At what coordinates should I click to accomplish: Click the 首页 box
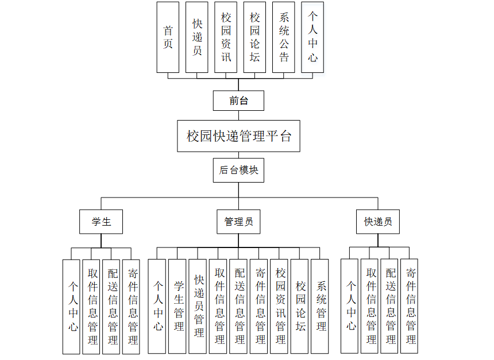point(168,37)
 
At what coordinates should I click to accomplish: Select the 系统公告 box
point(284,37)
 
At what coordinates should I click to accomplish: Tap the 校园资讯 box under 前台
point(226,37)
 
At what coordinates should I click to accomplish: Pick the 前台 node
point(238,100)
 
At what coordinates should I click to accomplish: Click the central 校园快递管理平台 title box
point(238,136)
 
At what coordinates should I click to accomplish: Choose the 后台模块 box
point(238,171)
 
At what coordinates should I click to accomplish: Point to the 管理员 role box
point(238,222)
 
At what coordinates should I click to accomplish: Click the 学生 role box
point(101,222)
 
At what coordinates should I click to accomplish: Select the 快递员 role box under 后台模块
point(377,222)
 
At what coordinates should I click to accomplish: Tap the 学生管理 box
point(178,306)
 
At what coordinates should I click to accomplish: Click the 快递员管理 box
point(199,306)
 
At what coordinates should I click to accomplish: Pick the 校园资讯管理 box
point(280,306)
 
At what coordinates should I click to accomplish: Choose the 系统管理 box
point(321,306)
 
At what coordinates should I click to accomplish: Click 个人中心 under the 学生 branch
point(72,306)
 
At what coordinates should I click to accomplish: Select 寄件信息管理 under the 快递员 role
point(410,306)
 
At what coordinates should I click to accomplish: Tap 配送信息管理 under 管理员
point(240,306)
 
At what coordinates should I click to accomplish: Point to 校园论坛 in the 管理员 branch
point(300,306)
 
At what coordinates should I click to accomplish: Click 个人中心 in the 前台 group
point(312,37)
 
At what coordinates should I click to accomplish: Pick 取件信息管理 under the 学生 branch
point(92,306)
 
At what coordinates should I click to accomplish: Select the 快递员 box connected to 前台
point(197,37)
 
